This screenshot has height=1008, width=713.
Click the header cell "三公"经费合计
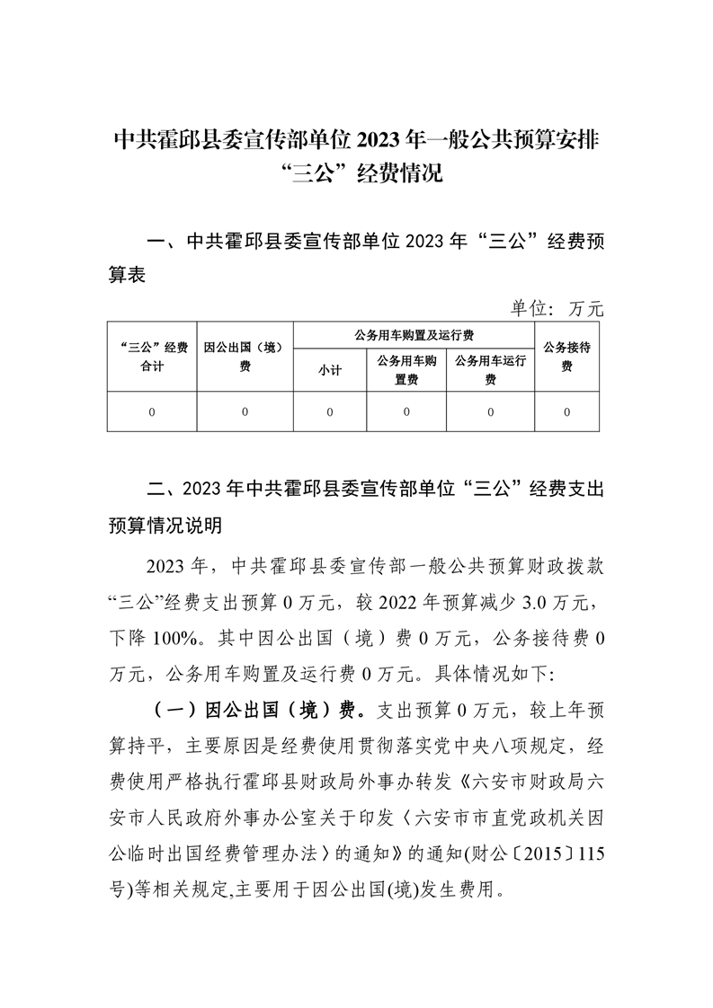(152, 358)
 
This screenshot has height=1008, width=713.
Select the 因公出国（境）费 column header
(245, 358)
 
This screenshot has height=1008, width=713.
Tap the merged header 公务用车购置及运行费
(414, 335)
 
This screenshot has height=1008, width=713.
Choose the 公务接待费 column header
(566, 358)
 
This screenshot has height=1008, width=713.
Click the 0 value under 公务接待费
(566, 412)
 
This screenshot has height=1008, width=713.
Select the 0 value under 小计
(330, 412)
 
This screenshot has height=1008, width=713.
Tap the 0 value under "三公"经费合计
(152, 412)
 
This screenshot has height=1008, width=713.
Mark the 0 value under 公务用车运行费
(490, 412)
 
